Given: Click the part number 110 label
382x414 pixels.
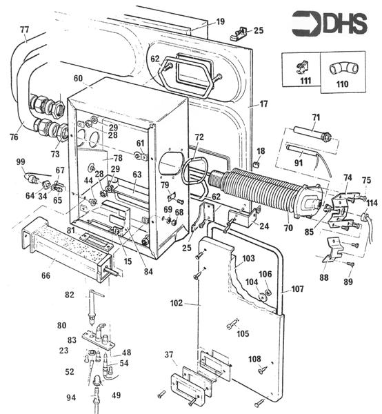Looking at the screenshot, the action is click(342, 84).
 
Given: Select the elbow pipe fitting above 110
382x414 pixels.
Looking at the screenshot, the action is click(344, 69).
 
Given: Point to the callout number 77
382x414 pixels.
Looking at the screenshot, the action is click(24, 30).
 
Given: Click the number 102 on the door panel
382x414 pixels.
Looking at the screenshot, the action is click(177, 303).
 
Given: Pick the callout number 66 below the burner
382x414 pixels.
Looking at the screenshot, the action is click(46, 275).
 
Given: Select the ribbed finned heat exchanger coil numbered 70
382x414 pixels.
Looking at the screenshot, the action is click(266, 191).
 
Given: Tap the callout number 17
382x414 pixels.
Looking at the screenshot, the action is click(264, 103).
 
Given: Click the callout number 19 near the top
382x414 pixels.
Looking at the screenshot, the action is click(220, 21).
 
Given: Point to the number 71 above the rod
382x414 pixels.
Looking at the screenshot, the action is click(316, 117).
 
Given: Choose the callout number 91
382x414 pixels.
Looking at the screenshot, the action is click(299, 163).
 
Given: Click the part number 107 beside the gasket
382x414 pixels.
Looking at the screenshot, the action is click(298, 289).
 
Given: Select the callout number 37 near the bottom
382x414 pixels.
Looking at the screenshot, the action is click(169, 355).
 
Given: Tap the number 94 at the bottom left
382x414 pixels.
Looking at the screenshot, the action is click(71, 397).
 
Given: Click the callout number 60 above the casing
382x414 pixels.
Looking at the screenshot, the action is click(78, 79).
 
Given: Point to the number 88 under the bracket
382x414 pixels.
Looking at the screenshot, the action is click(324, 277).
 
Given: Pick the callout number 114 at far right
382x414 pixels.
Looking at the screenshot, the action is click(372, 203).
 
